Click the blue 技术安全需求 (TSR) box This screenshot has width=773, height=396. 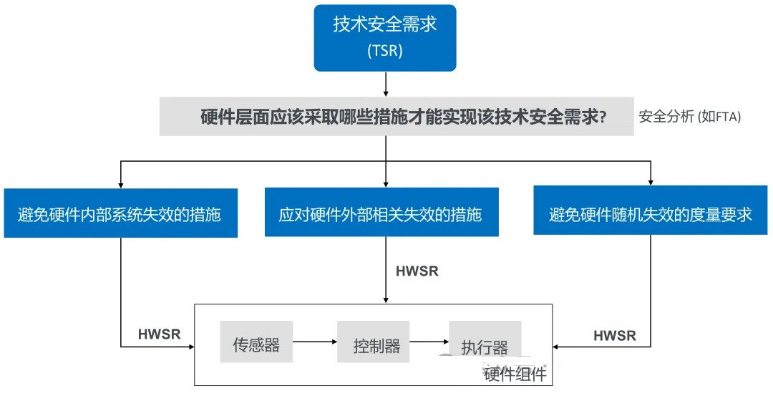pos(385,38)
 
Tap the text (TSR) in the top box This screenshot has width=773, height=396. pos(385,51)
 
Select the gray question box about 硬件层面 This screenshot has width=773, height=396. pos(397,117)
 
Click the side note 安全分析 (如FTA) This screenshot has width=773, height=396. pos(690,117)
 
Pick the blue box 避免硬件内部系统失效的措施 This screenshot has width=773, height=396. pos(121,213)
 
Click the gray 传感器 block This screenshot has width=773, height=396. pos(256,342)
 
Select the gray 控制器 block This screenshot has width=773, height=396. pos(373,342)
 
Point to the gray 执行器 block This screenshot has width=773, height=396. pos(485,342)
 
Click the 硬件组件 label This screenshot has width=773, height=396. pos(515,375)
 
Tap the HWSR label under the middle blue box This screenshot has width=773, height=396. pos(417,271)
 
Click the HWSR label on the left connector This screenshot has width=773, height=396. pos(159,334)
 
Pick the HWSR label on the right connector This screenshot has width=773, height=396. pos(615,336)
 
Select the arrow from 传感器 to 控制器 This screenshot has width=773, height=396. pos(315,342)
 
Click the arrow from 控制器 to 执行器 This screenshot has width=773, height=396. pos(429,342)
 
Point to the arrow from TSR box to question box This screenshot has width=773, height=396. pos(386,84)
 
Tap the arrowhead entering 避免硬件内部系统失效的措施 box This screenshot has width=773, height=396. pos(121,185)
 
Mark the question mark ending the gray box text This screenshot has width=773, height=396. pos(602,117)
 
